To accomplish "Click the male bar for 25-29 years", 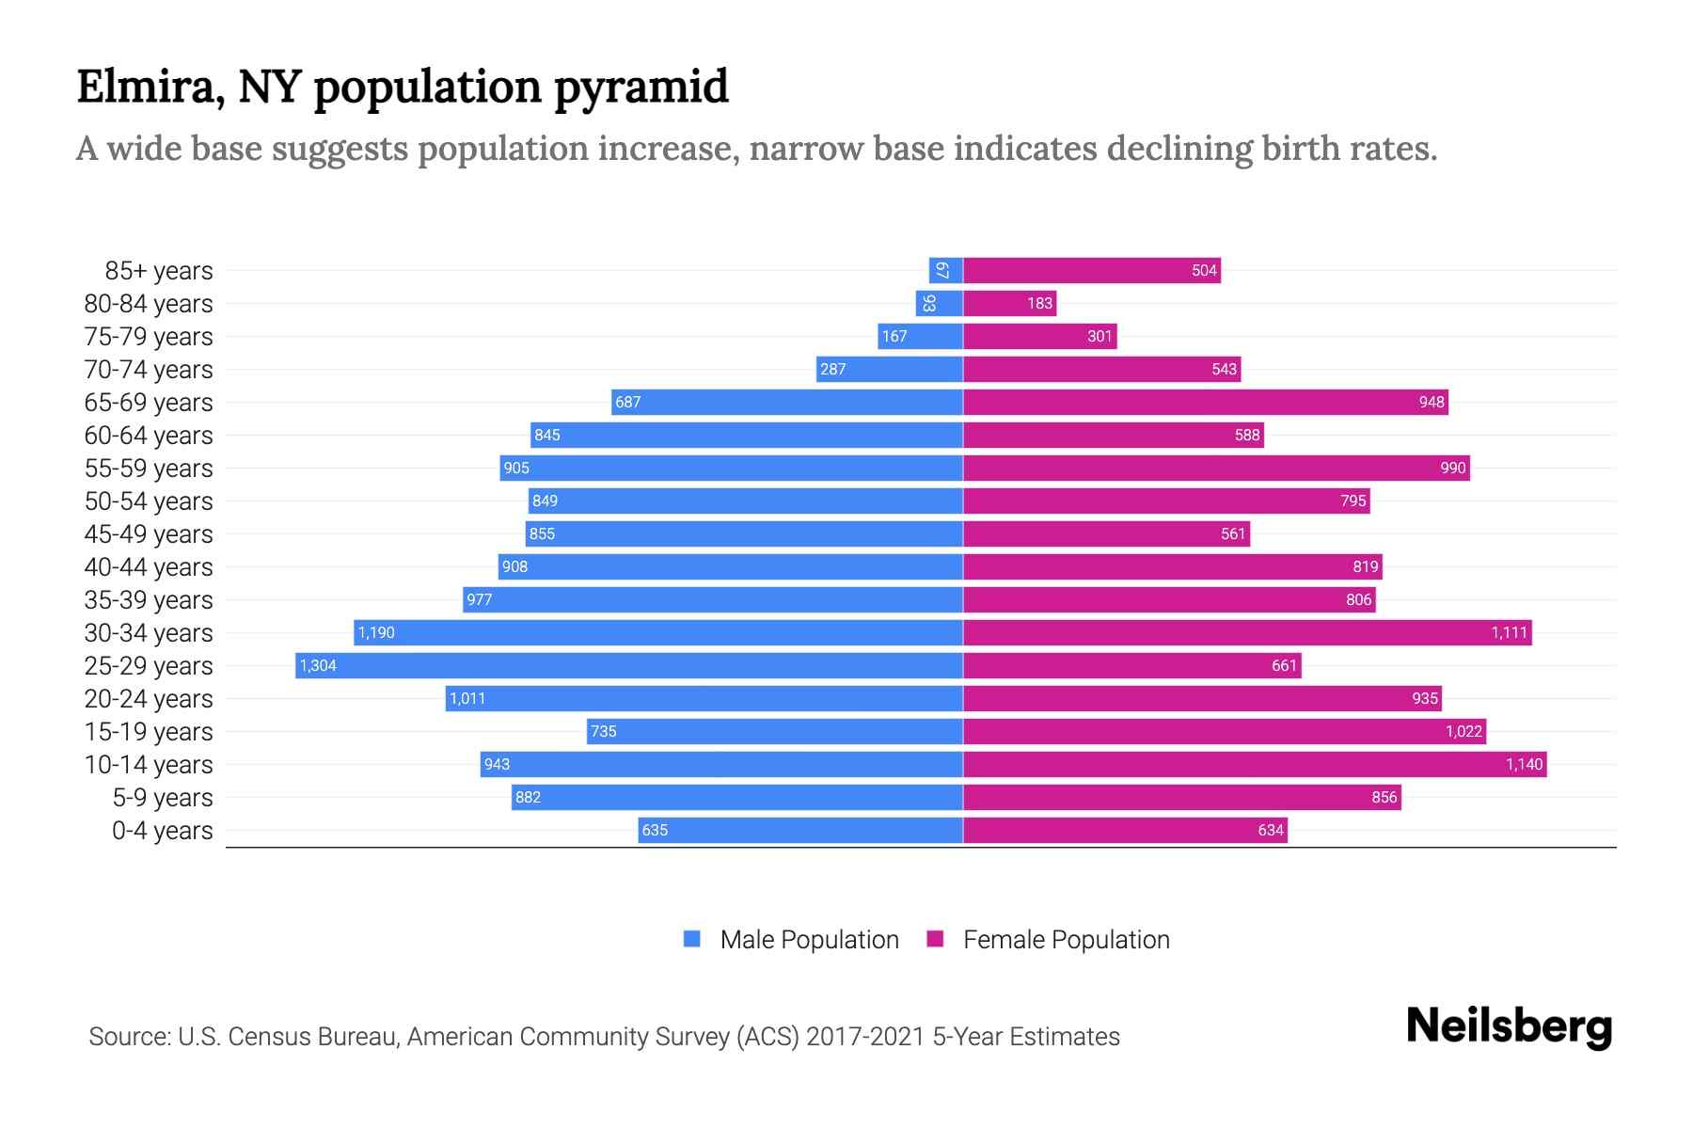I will (628, 666).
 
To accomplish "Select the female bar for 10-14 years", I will (1255, 765).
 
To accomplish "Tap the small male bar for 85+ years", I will (945, 271).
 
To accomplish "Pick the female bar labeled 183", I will (1009, 304).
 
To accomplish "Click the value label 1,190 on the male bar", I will (376, 633).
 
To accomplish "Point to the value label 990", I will (1452, 469).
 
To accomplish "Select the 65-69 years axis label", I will (149, 403).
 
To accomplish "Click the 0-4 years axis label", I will (162, 831).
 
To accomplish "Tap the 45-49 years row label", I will (149, 534).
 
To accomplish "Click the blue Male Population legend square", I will (692, 939).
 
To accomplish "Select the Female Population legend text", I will (1066, 940).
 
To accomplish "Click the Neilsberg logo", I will (1509, 1026).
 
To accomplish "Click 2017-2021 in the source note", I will (864, 1037).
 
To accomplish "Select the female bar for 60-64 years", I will (1113, 436).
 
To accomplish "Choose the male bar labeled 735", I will (774, 732).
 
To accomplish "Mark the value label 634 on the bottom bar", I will (1270, 831).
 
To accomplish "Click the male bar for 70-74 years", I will (889, 370).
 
